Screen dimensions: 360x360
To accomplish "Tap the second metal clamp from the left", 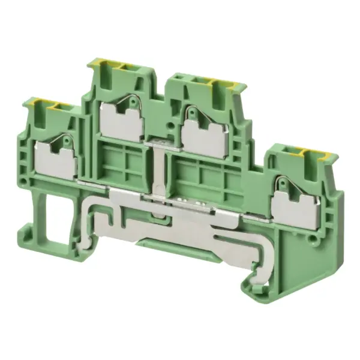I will coord(122,120).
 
